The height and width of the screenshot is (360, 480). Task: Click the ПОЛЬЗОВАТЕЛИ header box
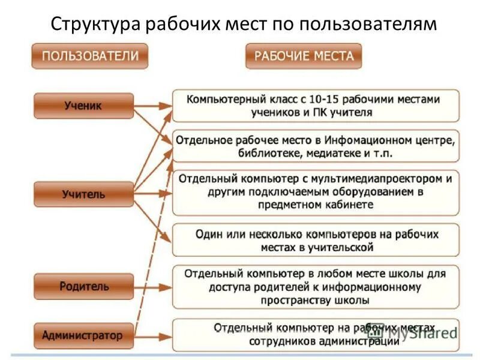click(90, 56)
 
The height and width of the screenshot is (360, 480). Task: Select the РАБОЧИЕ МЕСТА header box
click(304, 56)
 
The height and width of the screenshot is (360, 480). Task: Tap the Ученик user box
click(83, 106)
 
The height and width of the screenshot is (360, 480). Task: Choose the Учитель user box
click(83, 194)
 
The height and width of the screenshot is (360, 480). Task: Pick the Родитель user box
click(83, 286)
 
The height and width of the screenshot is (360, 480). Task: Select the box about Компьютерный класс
click(316, 106)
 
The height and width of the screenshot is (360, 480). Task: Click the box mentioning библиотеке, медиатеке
click(316, 146)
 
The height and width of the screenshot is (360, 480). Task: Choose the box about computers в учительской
click(316, 240)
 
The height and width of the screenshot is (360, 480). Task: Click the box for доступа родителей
click(316, 287)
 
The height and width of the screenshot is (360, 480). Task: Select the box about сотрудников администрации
click(316, 335)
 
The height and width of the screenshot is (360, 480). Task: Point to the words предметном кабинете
click(316, 205)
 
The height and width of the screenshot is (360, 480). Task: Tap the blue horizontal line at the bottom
click(240, 355)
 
